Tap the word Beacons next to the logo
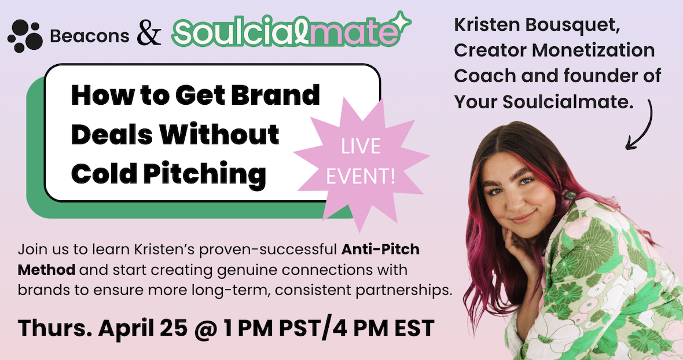coord(89,36)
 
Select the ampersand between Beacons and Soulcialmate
coord(149,35)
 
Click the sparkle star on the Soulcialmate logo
coord(401,22)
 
